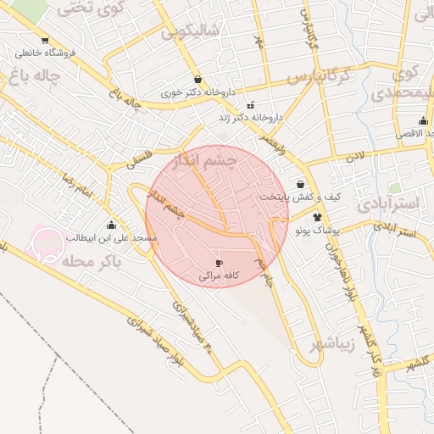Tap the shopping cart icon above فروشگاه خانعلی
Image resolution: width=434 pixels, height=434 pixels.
click(44, 40)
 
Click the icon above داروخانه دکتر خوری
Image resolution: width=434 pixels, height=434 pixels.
click(198, 79)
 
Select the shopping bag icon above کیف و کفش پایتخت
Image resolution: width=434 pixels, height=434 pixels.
click(301, 184)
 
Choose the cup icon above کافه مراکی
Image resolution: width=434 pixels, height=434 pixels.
click(220, 264)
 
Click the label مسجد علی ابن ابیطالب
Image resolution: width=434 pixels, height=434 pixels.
click(96, 238)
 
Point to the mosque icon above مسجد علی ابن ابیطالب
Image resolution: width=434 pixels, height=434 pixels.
click(111, 225)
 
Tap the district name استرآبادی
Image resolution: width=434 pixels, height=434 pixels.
click(387, 204)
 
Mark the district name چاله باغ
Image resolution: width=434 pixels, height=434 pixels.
click(37, 77)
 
